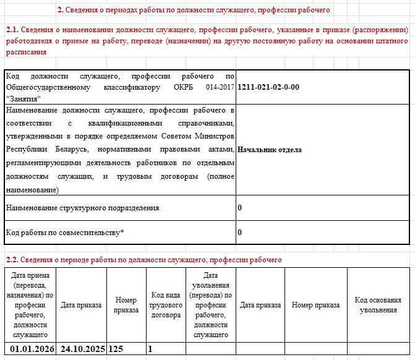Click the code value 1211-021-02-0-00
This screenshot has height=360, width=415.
(x=268, y=87)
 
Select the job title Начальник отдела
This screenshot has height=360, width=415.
(x=269, y=150)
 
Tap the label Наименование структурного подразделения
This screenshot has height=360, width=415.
(x=82, y=208)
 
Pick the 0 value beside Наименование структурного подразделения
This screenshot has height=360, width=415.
(x=239, y=208)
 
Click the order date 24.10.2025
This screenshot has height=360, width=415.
(x=81, y=349)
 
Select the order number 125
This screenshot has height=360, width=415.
(x=116, y=349)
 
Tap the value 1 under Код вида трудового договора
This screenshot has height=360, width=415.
(x=150, y=349)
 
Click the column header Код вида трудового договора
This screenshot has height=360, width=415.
(x=165, y=305)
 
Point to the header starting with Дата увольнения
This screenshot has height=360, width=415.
(x=210, y=305)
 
